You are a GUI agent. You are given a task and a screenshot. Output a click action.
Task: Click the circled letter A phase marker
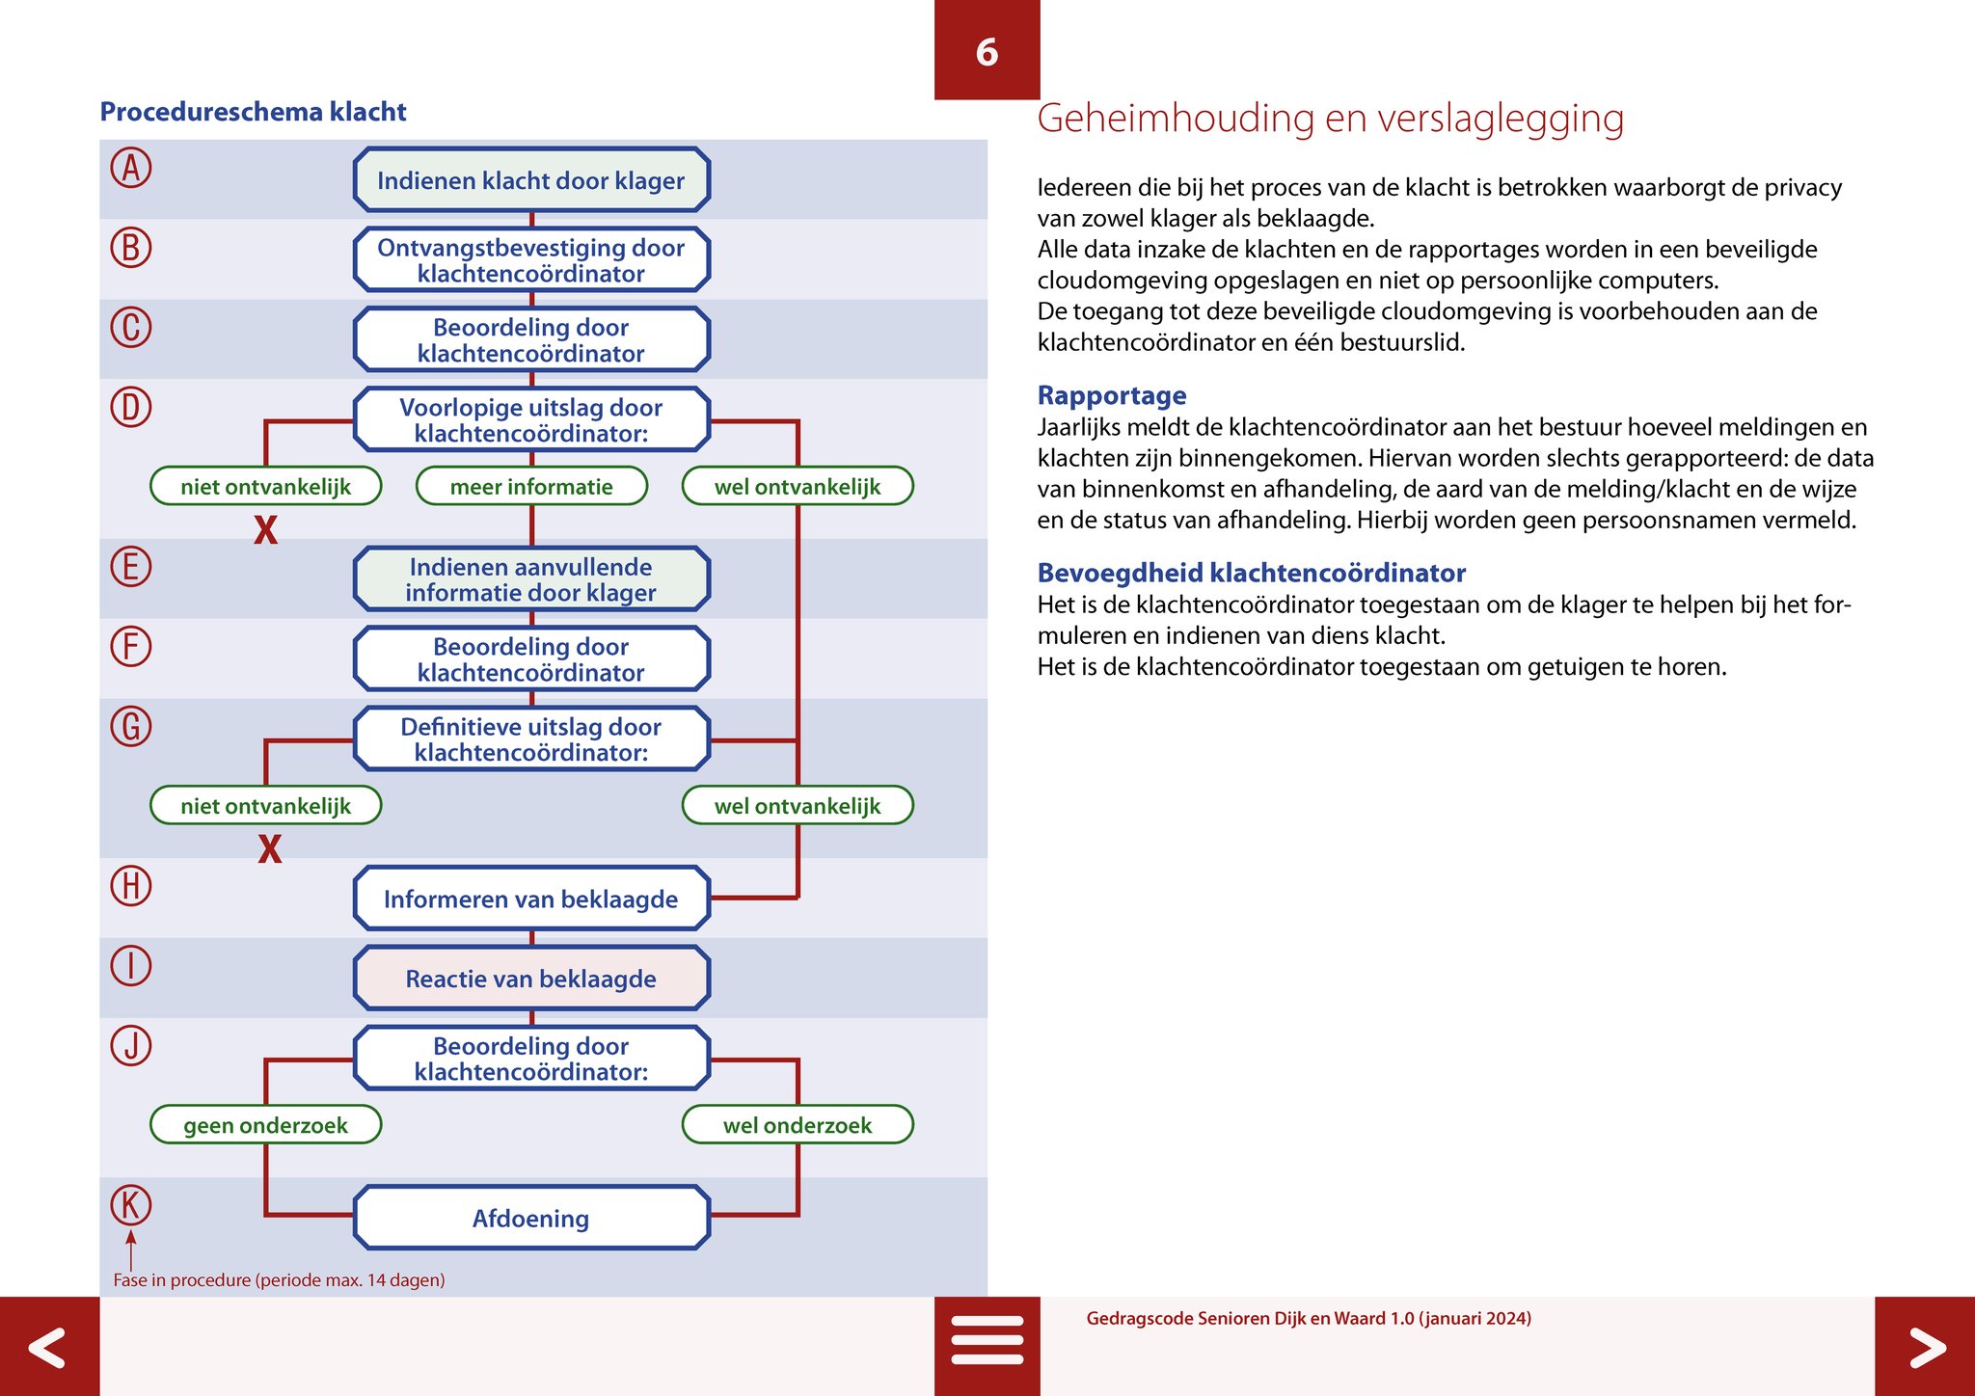pyautogui.click(x=131, y=168)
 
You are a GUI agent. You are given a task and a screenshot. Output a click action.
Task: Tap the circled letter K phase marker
pyautogui.click(x=131, y=1205)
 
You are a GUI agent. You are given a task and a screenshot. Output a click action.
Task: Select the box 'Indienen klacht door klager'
pyautogui.click(x=531, y=180)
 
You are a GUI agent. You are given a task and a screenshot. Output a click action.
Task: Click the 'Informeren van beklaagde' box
pyautogui.click(x=531, y=899)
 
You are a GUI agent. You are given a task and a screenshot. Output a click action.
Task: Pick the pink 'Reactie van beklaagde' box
pyautogui.click(x=531, y=979)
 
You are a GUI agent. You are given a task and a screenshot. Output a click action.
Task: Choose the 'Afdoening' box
pyautogui.click(x=531, y=1219)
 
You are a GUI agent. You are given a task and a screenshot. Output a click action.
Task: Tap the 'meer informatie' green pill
pyautogui.click(x=531, y=487)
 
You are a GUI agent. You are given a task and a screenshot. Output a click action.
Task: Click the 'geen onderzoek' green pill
pyautogui.click(x=266, y=1125)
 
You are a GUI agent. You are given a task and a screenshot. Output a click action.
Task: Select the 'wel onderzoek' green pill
pyautogui.click(x=798, y=1125)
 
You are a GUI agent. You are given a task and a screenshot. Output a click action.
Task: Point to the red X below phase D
pyautogui.click(x=266, y=530)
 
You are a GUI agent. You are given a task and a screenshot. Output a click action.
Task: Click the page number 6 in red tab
pyautogui.click(x=987, y=52)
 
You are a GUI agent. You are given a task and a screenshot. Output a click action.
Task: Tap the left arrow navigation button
pyautogui.click(x=48, y=1347)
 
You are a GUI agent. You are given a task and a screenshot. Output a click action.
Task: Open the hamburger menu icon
pyautogui.click(x=987, y=1340)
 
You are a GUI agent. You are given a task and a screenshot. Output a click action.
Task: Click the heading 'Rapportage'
pyautogui.click(x=1112, y=395)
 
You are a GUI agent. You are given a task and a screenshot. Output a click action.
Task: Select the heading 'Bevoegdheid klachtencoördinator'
pyautogui.click(x=1251, y=573)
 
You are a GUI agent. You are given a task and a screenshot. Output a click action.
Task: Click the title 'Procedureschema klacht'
pyautogui.click(x=253, y=112)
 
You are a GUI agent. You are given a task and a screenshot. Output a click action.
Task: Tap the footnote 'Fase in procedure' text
pyautogui.click(x=279, y=1280)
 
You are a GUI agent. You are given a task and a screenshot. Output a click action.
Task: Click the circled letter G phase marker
pyautogui.click(x=131, y=726)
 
